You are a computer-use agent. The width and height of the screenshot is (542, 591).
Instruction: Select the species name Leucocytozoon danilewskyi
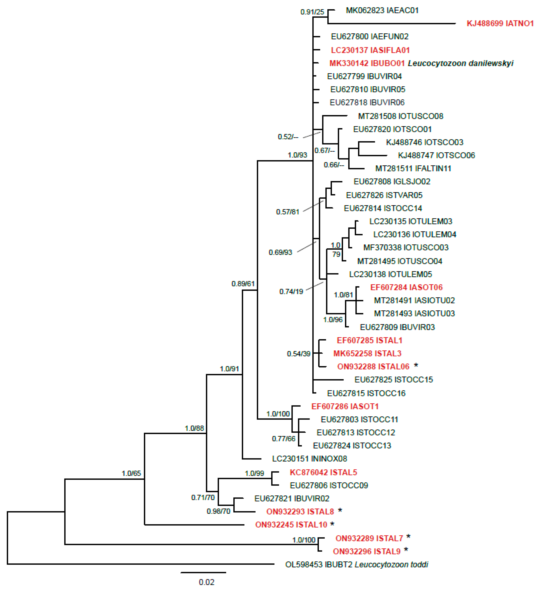click(x=460, y=63)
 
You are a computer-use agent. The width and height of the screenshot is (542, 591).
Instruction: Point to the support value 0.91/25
click(x=312, y=12)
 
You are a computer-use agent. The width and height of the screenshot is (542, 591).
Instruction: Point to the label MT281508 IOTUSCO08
click(x=400, y=116)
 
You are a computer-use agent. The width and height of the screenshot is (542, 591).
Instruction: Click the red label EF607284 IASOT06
click(x=406, y=287)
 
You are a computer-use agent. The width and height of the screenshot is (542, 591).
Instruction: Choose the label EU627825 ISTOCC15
click(x=394, y=380)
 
